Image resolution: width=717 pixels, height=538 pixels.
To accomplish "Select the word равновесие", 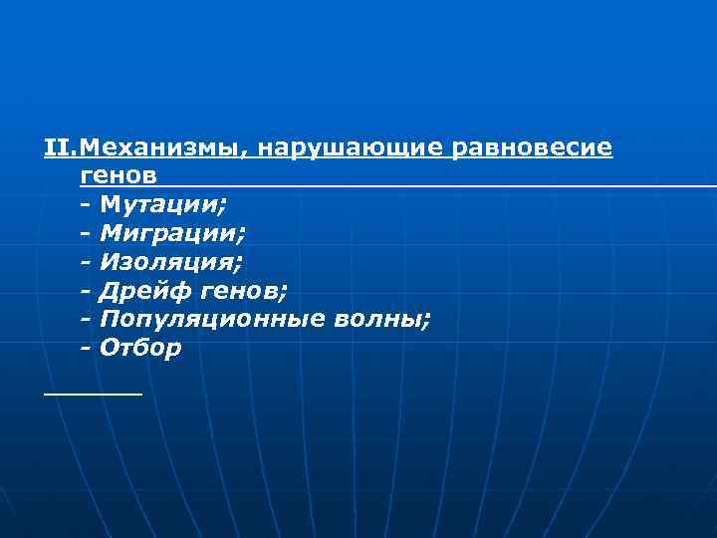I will pos(533,148).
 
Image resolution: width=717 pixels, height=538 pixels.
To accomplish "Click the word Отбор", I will pos(140,350).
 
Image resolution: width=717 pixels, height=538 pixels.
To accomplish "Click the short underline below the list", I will pos(93,395).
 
